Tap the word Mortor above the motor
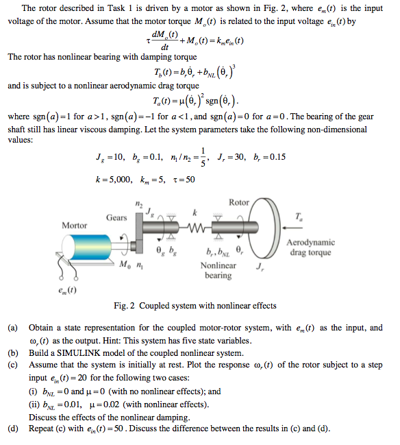pos(75,225)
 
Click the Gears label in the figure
pos(116,217)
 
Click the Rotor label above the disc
pos(239,202)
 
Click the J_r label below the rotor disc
pos(260,266)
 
